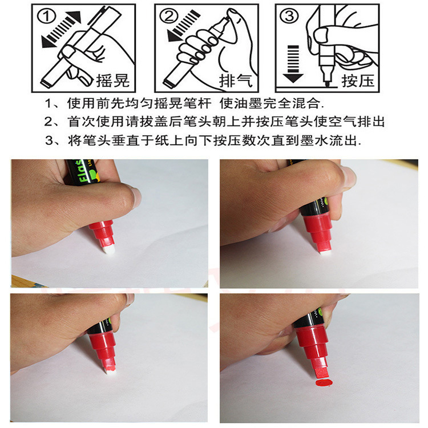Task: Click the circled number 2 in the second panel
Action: [x=167, y=17]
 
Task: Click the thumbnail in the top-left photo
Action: [x=135, y=196]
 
